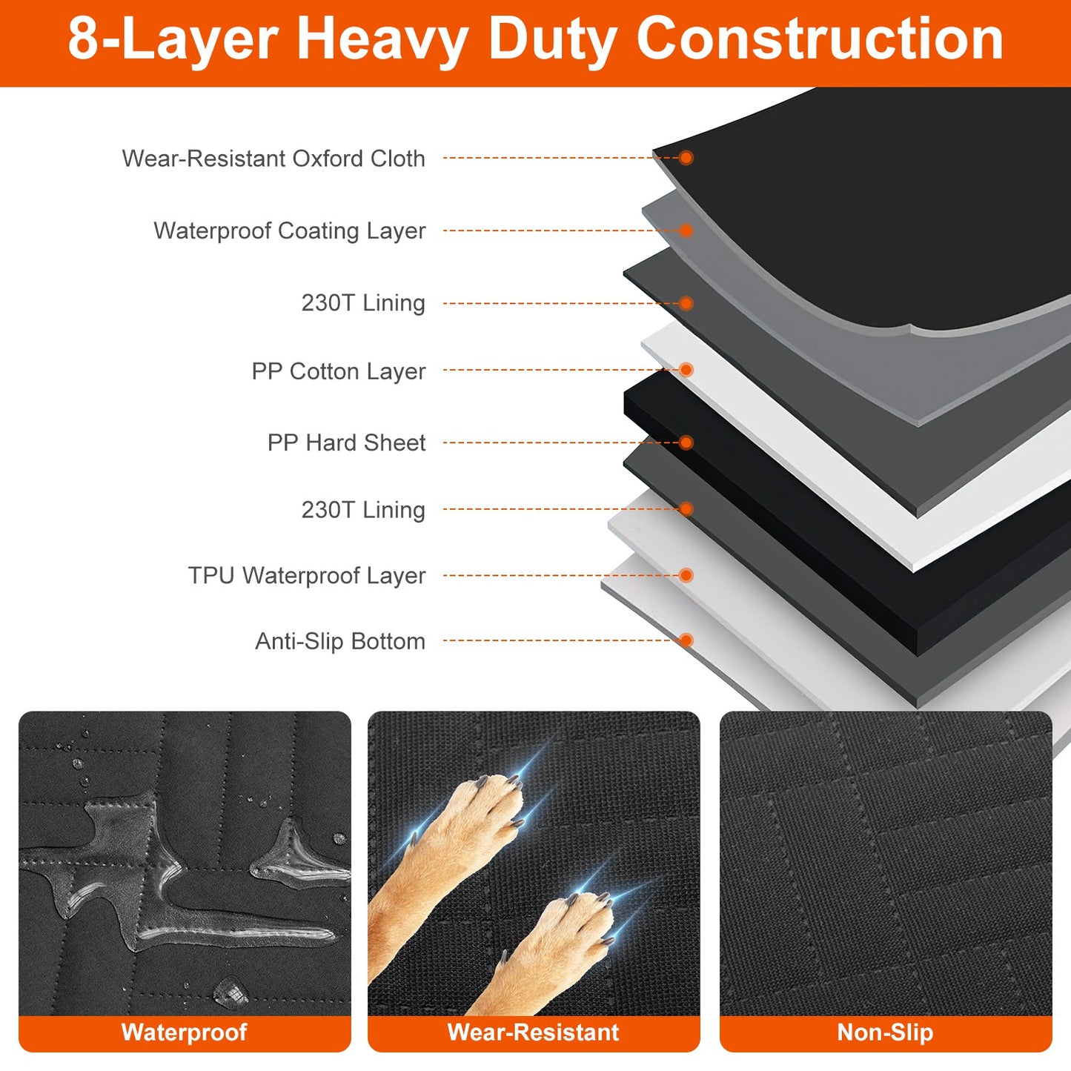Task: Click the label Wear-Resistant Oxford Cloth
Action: pyautogui.click(x=273, y=159)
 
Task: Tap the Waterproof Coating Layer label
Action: pyautogui.click(x=289, y=231)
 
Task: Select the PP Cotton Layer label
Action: pyautogui.click(x=339, y=371)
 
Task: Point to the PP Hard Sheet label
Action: pyautogui.click(x=346, y=442)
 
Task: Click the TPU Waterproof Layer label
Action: pyautogui.click(x=307, y=575)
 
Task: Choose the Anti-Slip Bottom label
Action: pyautogui.click(x=340, y=641)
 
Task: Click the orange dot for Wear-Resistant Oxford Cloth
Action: pyautogui.click(x=686, y=158)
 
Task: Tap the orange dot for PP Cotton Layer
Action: pyautogui.click(x=686, y=370)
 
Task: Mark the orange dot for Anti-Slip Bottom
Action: pyautogui.click(x=686, y=640)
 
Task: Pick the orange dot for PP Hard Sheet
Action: pyautogui.click(x=686, y=442)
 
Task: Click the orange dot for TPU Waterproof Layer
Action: pyautogui.click(x=686, y=575)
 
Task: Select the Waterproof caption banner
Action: pyautogui.click(x=185, y=1032)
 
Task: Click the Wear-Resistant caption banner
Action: pyautogui.click(x=534, y=1032)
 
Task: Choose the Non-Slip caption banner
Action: pyautogui.click(x=886, y=1032)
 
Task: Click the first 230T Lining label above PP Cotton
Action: pyautogui.click(x=363, y=303)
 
